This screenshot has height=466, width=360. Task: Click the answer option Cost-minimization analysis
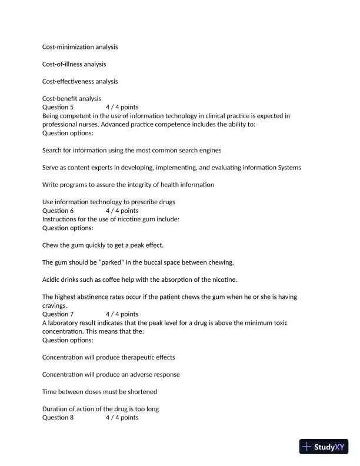80,46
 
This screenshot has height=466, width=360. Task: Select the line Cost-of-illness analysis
74,64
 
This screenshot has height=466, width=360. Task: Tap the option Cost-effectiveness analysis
80,81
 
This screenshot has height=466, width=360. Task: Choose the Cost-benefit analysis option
72,98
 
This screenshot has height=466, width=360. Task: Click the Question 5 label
58,107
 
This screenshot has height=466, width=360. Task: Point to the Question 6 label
58,211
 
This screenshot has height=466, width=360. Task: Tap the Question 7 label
58,314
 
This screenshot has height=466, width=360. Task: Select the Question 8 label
58,418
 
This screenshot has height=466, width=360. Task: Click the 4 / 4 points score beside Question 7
122,314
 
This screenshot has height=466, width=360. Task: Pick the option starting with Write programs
128,185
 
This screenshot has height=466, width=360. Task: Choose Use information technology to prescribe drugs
109,202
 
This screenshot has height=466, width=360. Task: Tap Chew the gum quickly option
103,245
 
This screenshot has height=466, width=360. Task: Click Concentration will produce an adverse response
111,374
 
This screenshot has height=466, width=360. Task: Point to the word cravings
55,305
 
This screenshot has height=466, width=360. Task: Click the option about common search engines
132,150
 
